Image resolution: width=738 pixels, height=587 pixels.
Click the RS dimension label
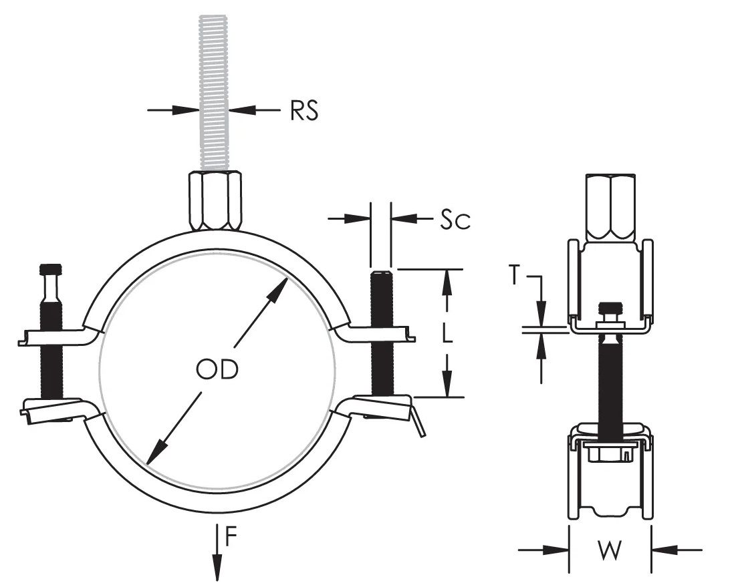click(x=304, y=111)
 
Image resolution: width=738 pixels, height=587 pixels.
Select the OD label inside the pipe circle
click(x=217, y=369)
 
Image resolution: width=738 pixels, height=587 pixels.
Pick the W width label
click(x=610, y=550)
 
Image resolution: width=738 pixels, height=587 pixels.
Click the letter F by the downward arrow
click(x=230, y=537)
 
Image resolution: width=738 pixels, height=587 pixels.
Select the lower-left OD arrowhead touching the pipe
click(x=156, y=452)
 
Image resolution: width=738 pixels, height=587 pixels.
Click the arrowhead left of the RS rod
click(x=186, y=110)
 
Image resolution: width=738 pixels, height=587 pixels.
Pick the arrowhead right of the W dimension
click(x=665, y=550)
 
